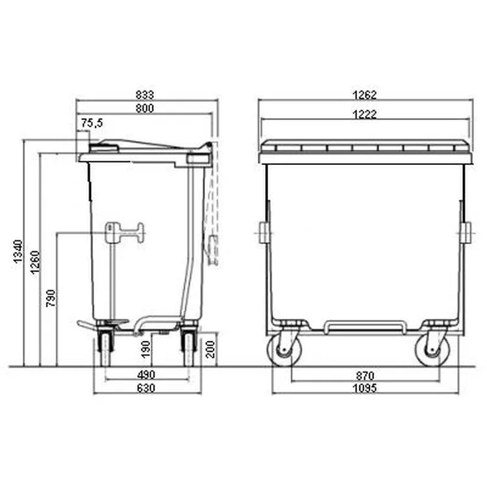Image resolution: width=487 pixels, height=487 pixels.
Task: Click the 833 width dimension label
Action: tap(145, 94)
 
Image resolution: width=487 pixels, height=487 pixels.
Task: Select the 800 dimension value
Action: tap(145, 108)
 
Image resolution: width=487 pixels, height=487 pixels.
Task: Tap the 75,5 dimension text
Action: tap(92, 123)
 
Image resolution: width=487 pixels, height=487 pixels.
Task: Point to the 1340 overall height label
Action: tap(18, 251)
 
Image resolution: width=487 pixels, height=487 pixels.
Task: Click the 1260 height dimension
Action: tap(35, 262)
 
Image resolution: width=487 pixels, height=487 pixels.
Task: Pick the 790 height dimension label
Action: tap(51, 298)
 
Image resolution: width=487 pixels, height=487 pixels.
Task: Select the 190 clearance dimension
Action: tap(145, 349)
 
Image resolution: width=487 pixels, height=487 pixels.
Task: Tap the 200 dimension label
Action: tap(210, 349)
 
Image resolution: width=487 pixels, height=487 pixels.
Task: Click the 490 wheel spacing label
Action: tap(146, 375)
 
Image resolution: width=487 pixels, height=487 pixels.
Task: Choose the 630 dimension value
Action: tap(146, 388)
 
